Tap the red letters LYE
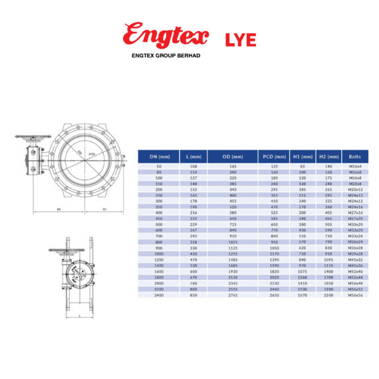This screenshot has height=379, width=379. [240, 39]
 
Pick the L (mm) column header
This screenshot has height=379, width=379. [195, 156]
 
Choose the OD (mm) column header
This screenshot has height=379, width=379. [233, 156]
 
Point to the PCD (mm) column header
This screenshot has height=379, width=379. [274, 156]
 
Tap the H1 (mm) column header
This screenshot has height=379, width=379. [302, 156]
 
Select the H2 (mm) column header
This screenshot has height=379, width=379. [328, 156]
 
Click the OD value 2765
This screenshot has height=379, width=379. [233, 295]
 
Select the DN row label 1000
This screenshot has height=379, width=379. [158, 253]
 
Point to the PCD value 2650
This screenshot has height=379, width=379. [274, 295]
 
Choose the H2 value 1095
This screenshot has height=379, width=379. [328, 258]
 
